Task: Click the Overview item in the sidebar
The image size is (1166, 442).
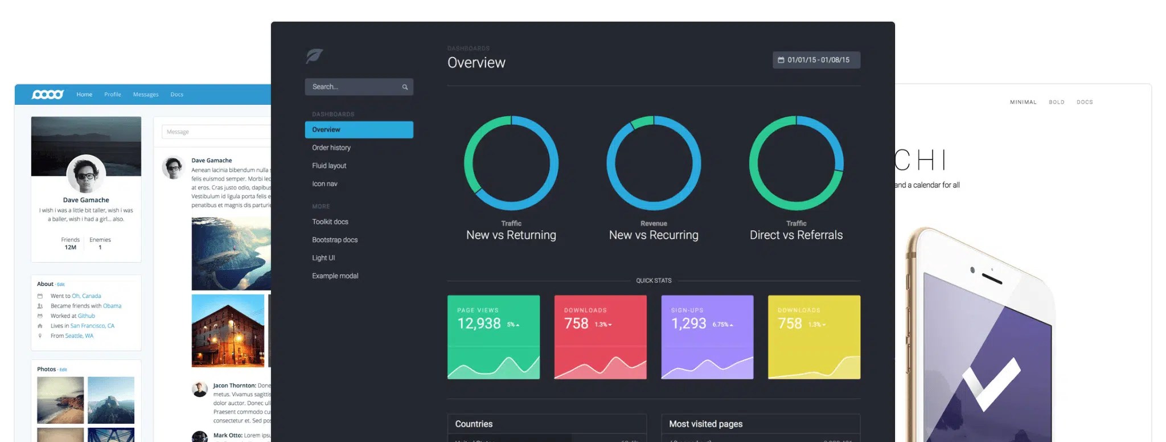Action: click(x=359, y=130)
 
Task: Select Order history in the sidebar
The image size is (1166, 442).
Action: click(x=331, y=148)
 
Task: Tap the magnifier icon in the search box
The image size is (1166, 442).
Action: click(x=405, y=87)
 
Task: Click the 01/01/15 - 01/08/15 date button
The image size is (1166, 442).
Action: click(x=816, y=60)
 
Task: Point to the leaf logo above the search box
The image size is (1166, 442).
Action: click(x=314, y=56)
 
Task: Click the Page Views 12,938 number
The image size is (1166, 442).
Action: click(x=479, y=324)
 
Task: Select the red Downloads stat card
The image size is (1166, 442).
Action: click(x=600, y=337)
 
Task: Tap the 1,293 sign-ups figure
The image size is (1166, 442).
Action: click(x=688, y=324)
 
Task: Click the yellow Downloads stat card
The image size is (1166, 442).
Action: click(x=814, y=337)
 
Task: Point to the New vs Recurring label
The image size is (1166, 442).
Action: click(x=654, y=235)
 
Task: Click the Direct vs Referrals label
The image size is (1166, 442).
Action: click(x=796, y=235)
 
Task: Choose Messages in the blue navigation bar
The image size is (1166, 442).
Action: click(x=146, y=95)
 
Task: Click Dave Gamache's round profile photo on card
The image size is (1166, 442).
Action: click(x=86, y=174)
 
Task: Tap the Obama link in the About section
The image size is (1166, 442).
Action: click(x=112, y=306)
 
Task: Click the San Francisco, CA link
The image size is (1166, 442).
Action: click(x=92, y=326)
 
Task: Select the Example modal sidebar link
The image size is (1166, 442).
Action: click(x=335, y=276)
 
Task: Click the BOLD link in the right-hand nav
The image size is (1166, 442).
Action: click(x=1056, y=103)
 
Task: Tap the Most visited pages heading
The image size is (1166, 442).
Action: click(x=705, y=424)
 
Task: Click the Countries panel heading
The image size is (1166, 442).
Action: click(x=474, y=424)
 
